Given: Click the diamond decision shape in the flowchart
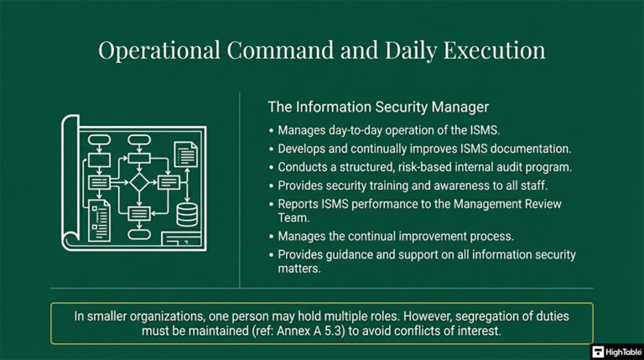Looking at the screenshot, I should click(x=138, y=181).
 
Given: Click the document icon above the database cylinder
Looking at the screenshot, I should click(x=185, y=154).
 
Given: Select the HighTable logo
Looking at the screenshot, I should click(x=616, y=352).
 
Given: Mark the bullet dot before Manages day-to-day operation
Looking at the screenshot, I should click(x=271, y=131).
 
